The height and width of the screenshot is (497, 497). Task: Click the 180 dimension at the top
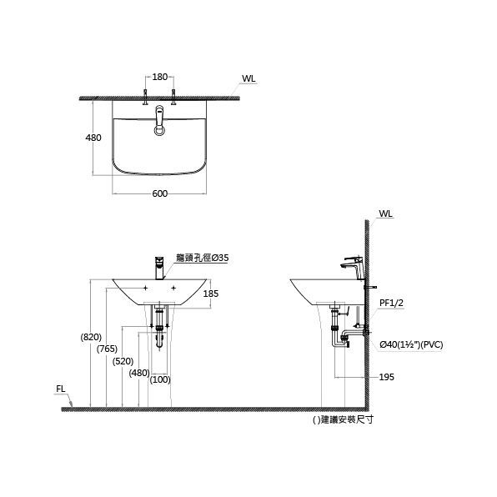(160, 77)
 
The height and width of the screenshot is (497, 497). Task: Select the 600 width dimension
(160, 193)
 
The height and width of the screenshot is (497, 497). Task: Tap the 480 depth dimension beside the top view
(93, 138)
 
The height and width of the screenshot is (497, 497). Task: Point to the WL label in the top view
(248, 78)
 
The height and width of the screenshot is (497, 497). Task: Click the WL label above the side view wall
(386, 213)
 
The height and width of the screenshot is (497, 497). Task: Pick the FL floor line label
(61, 389)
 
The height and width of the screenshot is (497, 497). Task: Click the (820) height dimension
(91, 337)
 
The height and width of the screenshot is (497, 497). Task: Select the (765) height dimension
(107, 349)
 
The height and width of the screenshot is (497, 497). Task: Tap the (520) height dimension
(123, 361)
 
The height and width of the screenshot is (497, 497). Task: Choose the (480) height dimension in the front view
(139, 373)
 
